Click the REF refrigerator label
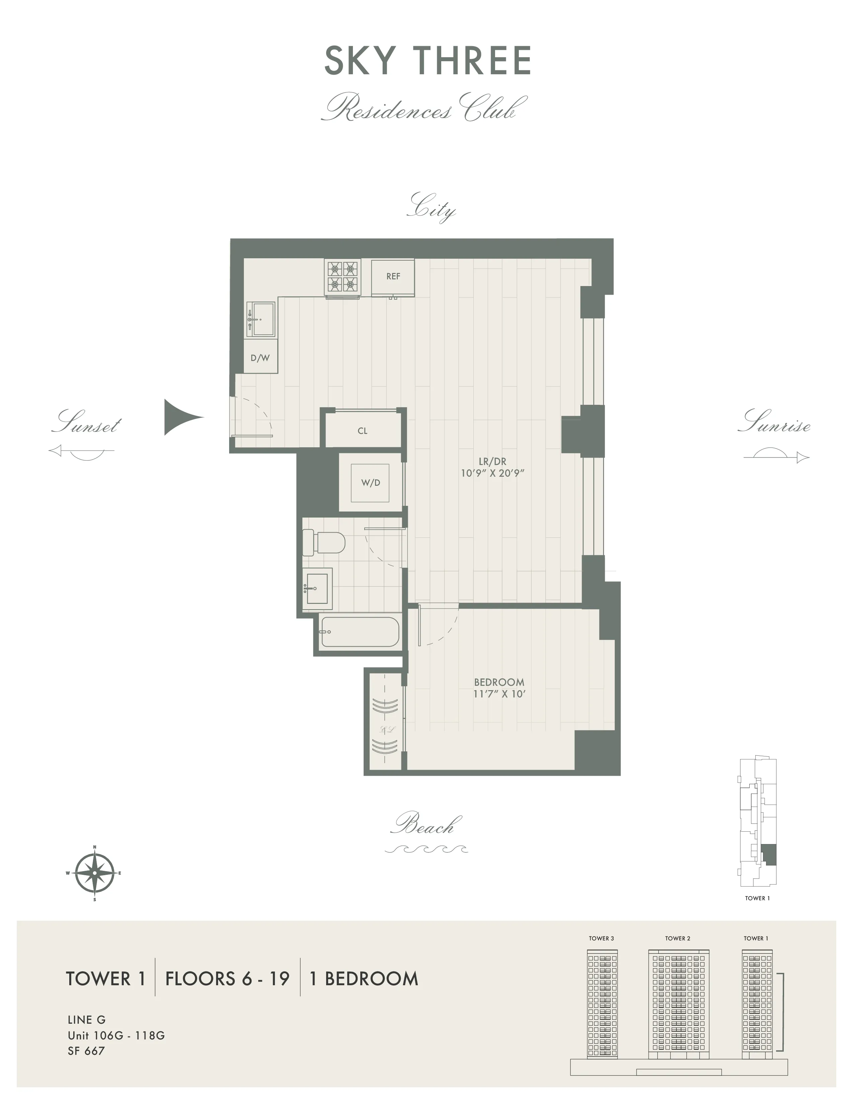click(x=393, y=277)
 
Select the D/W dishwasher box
click(x=260, y=358)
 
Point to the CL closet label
click(x=362, y=431)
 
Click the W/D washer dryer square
click(x=370, y=483)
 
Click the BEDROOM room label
click(x=499, y=682)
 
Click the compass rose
click(x=94, y=873)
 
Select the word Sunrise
click(x=774, y=422)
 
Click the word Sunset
click(x=86, y=423)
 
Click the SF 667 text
click(x=86, y=1051)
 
